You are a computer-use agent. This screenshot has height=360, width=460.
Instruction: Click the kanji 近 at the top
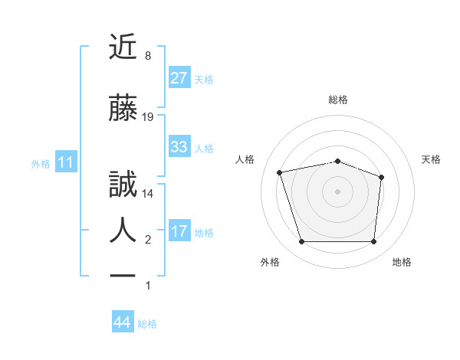click(x=124, y=48)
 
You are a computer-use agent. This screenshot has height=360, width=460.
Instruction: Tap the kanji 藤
click(x=124, y=110)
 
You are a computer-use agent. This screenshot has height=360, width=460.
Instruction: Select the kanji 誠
click(x=124, y=186)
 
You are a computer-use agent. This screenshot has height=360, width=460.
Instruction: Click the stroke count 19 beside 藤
click(x=149, y=116)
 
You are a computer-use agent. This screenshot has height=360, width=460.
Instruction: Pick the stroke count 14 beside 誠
click(x=149, y=194)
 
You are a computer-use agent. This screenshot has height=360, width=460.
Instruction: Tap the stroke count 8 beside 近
click(x=148, y=56)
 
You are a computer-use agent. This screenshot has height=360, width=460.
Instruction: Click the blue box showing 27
click(x=179, y=77)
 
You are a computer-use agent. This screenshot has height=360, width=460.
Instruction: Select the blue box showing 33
click(x=179, y=147)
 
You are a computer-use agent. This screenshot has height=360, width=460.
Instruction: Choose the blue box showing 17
click(x=179, y=231)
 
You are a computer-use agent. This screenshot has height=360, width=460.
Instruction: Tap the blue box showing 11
click(x=65, y=162)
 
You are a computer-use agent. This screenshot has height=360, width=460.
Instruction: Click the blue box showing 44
click(x=122, y=322)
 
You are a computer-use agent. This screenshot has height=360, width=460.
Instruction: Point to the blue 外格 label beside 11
click(x=41, y=163)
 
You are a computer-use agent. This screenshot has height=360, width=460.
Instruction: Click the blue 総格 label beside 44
click(x=147, y=324)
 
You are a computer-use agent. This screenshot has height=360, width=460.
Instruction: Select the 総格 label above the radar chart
click(x=337, y=100)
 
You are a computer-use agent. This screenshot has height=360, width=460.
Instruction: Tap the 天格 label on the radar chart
click(x=431, y=159)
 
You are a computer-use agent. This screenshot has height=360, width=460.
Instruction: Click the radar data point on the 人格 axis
click(x=280, y=172)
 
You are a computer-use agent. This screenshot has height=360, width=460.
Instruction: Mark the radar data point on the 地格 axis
click(x=373, y=242)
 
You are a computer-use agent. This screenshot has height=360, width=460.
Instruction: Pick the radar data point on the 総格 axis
click(x=337, y=162)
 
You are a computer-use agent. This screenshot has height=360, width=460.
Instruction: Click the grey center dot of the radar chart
click(x=337, y=191)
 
